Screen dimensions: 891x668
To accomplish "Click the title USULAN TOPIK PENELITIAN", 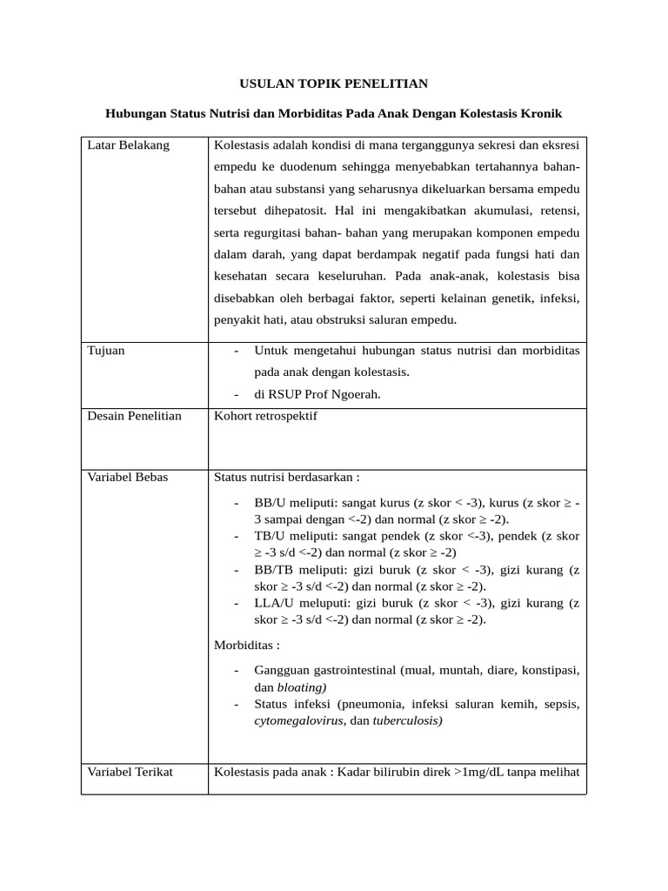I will [x=334, y=84].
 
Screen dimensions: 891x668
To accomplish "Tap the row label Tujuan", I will [x=106, y=351].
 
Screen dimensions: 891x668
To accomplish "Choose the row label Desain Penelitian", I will [x=135, y=416].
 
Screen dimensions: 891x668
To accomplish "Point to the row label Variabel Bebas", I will [x=128, y=477].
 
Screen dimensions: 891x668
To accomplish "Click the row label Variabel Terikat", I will [x=130, y=772].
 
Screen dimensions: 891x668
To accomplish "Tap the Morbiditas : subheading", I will [x=247, y=645].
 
